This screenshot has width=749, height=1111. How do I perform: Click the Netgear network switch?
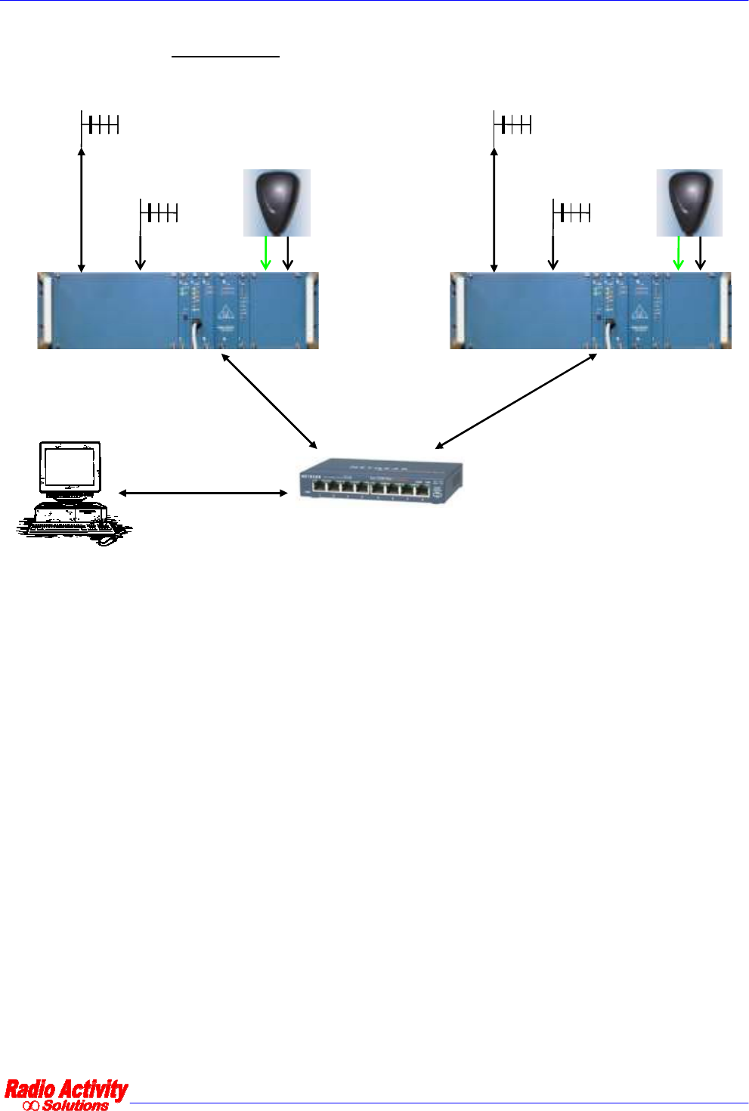coord(381,481)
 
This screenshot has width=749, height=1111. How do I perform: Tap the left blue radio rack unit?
coord(178,311)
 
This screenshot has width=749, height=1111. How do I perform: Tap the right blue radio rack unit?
coord(590,311)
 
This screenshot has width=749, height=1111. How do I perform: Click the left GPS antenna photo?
coord(277,203)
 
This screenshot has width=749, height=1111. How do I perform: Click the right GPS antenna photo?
coord(689,203)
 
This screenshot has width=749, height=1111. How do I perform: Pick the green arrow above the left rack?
coord(265,253)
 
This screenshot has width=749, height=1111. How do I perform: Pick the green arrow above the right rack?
coord(678,253)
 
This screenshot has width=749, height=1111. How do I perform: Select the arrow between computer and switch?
coord(203,493)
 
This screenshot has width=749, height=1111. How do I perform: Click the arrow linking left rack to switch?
coord(269,401)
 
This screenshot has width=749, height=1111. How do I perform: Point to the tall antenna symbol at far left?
coord(99,125)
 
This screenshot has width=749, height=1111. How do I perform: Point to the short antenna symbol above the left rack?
coord(159,213)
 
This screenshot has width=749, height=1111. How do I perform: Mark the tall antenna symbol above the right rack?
coord(512,125)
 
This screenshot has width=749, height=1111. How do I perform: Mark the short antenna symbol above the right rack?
coord(571,213)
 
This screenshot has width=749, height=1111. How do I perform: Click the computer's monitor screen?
coord(70,469)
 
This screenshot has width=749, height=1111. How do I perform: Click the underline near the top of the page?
coord(225,56)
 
